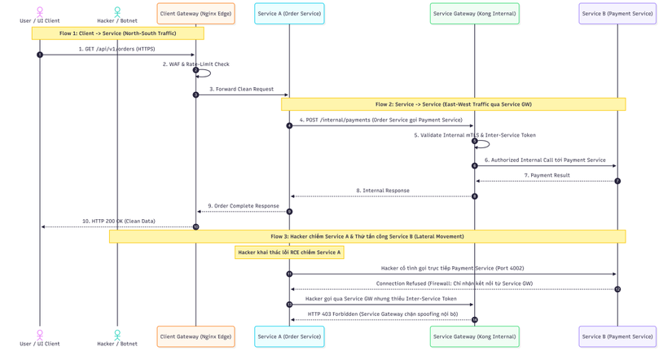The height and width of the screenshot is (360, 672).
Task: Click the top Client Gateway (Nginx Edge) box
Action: pyautogui.click(x=195, y=14)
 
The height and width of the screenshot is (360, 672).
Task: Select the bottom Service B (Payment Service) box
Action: pyautogui.click(x=617, y=336)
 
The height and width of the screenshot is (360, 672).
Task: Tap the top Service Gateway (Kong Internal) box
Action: pyautogui.click(x=474, y=14)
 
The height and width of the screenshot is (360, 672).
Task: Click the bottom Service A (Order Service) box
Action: pyautogui.click(x=289, y=336)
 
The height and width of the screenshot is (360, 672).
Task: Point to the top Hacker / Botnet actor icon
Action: pyautogui.click(x=117, y=11)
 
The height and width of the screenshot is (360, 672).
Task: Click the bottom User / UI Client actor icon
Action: pyautogui.click(x=40, y=335)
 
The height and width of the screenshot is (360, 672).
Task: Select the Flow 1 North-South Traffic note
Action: pyautogui.click(x=118, y=33)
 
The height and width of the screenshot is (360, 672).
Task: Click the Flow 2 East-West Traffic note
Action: pyautogui.click(x=454, y=104)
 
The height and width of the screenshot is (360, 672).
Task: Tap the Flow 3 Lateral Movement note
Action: pyautogui.click(x=367, y=236)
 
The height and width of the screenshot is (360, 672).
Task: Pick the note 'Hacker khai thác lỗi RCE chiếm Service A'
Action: pyautogui.click(x=289, y=252)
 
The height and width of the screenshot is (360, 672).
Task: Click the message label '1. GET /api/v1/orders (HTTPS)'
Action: pyautogui.click(x=117, y=49)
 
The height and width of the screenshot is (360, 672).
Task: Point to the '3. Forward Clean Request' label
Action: pyautogui.click(x=242, y=89)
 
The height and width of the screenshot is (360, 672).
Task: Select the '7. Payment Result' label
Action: pyautogui.click(x=547, y=175)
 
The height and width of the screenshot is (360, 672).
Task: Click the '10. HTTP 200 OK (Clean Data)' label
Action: pyautogui.click(x=119, y=222)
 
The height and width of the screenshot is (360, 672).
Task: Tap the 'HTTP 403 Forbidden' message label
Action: pyautogui.click(x=383, y=314)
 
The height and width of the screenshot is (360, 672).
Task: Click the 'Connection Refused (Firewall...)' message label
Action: pyautogui.click(x=455, y=283)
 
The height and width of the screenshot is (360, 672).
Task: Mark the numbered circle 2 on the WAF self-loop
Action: pyautogui.click(x=195, y=70)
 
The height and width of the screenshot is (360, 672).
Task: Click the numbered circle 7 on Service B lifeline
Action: pyautogui.click(x=617, y=182)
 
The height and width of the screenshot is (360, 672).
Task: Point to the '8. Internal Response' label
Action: pyautogui.click(x=382, y=191)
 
